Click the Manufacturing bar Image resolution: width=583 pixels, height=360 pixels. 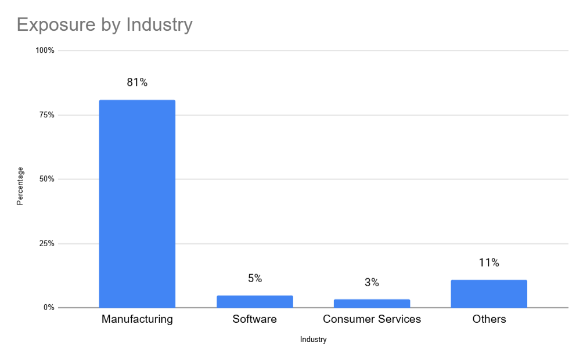click(x=137, y=203)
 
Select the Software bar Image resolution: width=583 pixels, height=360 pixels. click(x=254, y=301)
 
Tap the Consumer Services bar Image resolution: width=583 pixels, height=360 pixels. click(x=372, y=303)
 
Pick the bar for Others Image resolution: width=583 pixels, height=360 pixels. click(x=489, y=294)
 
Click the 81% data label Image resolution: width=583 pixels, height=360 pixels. click(x=137, y=82)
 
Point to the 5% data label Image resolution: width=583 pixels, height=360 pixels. click(x=254, y=278)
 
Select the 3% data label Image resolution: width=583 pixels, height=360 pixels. click(x=372, y=283)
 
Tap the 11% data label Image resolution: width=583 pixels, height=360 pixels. click(x=489, y=262)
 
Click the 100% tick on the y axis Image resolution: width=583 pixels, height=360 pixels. click(x=45, y=51)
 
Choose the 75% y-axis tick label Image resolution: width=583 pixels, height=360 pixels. click(x=46, y=115)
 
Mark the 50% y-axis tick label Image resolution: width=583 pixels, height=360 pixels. click(x=46, y=179)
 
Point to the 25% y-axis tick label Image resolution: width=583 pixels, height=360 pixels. click(x=46, y=243)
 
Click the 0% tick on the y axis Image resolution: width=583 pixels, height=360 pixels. click(x=49, y=308)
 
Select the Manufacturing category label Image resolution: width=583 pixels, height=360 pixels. click(x=137, y=319)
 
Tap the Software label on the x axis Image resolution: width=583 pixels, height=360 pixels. click(x=254, y=319)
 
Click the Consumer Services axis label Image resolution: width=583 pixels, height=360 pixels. click(x=372, y=319)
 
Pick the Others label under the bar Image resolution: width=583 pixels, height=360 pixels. click(x=489, y=319)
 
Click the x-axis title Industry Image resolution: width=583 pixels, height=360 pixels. click(x=313, y=340)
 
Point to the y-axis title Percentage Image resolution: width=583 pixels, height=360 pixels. click(x=20, y=186)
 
